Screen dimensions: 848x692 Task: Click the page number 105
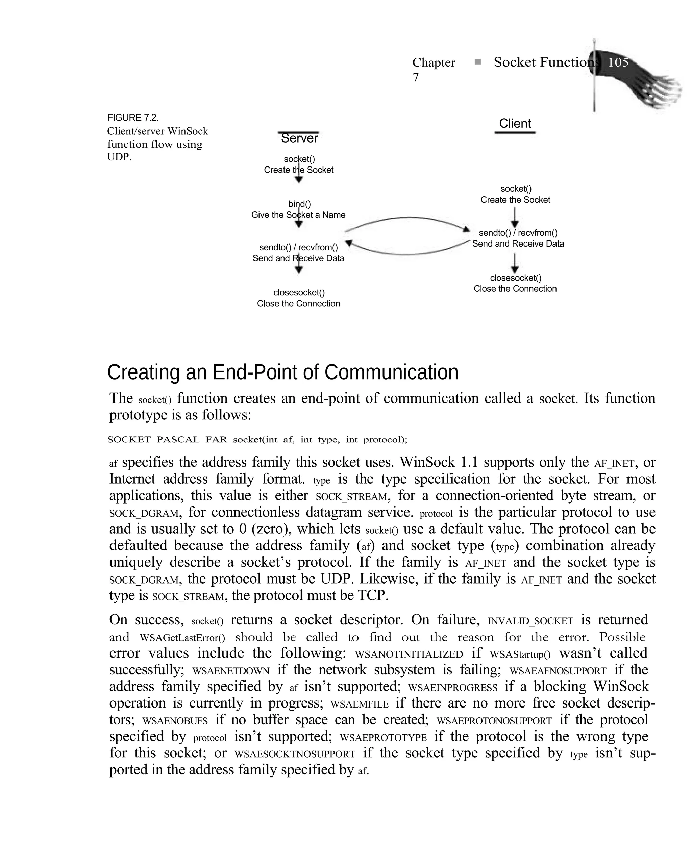click(x=618, y=62)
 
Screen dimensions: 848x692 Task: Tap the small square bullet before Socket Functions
click(x=477, y=62)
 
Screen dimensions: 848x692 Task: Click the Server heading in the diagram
click(x=299, y=138)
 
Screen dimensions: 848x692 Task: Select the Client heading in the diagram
click(x=515, y=124)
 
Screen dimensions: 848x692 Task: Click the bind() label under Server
click(x=299, y=204)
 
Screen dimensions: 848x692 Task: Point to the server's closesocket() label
click(x=299, y=293)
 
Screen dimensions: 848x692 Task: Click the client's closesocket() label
click(x=515, y=278)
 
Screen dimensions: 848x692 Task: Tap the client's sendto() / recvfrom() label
click(x=518, y=233)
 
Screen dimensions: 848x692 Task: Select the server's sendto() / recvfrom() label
click(x=298, y=247)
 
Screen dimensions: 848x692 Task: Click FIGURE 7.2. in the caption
click(x=133, y=118)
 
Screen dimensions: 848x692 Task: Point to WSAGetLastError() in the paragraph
click(x=182, y=638)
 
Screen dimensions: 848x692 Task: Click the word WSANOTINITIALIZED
click(x=409, y=654)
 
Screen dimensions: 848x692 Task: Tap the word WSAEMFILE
click(x=359, y=704)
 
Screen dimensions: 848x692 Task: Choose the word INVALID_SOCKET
click(x=530, y=621)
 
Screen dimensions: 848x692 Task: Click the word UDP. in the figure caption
click(x=119, y=157)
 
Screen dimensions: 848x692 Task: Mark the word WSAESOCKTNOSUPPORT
click(x=295, y=754)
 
